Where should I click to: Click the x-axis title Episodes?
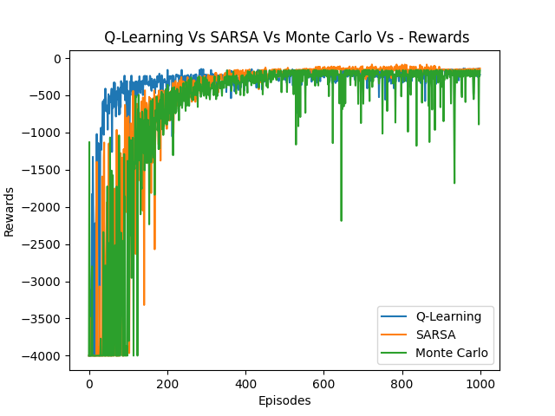tap(284, 400)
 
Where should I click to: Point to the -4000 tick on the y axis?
tap(47, 356)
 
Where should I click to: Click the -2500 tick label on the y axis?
tap(47, 244)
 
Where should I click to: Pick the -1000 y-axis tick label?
tap(47, 133)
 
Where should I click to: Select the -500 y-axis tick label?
tap(49, 95)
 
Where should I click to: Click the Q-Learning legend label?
tap(448, 316)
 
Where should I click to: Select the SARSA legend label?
tap(436, 335)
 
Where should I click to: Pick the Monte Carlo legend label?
tap(452, 353)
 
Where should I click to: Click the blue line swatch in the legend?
tap(395, 316)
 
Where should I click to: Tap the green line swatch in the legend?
tap(395, 353)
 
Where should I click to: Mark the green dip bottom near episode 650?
tap(341, 220)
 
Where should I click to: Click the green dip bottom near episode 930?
tap(454, 183)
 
